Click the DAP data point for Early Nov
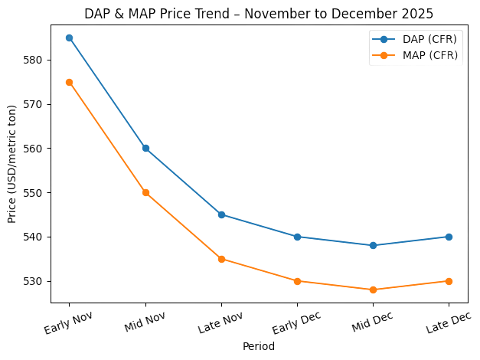(70, 38)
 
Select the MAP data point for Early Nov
(70, 82)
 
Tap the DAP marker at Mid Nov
(145, 148)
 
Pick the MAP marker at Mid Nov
(145, 192)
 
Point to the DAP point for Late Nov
(221, 214)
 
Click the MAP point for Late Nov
(221, 259)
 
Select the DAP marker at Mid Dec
(373, 245)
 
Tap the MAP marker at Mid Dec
(373, 290)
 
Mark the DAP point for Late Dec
(449, 237)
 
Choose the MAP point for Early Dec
(297, 281)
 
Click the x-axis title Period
(258, 346)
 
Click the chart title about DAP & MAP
(258, 14)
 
